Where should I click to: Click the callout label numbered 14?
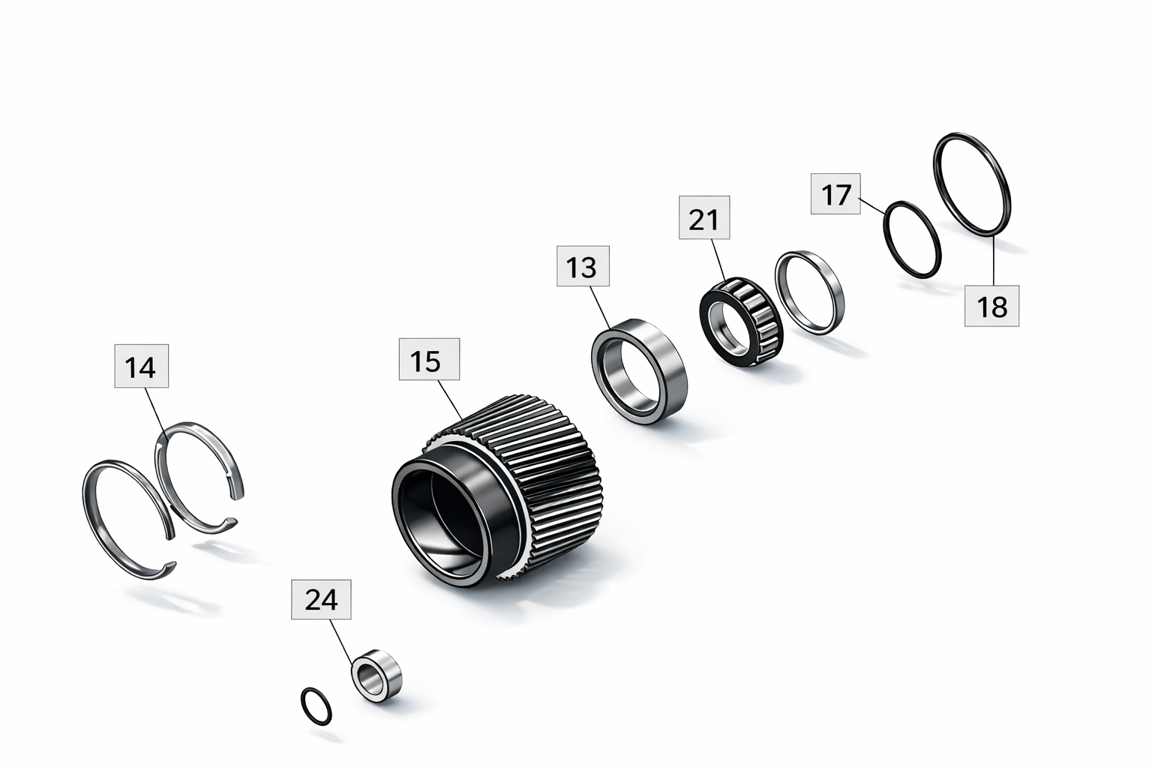(x=142, y=366)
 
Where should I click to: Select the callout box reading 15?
(x=430, y=359)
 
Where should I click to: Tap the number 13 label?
(x=583, y=266)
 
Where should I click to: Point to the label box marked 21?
(x=704, y=217)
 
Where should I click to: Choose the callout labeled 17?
(x=835, y=194)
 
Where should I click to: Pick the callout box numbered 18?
(x=991, y=306)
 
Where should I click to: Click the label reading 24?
(x=322, y=599)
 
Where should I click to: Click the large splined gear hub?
(x=496, y=491)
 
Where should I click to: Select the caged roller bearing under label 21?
(x=741, y=321)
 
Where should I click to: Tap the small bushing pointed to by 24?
(x=377, y=676)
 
